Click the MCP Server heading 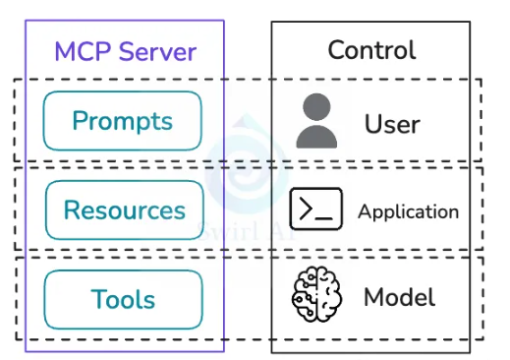pos(126,51)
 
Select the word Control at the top pos(371,50)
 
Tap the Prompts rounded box pos(122,121)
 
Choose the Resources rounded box pos(125,210)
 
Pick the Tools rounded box pos(123,299)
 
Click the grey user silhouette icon pos(316,121)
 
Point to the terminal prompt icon pos(316,209)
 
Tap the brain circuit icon pos(316,294)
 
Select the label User pos(392,124)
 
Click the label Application pos(409,211)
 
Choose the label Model pos(400,297)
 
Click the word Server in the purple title pos(157,51)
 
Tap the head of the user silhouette pos(316,107)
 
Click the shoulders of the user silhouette pos(316,137)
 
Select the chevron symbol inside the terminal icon pos(306,209)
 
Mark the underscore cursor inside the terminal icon pos(323,217)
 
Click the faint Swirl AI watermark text pos(247,231)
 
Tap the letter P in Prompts pos(79,120)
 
